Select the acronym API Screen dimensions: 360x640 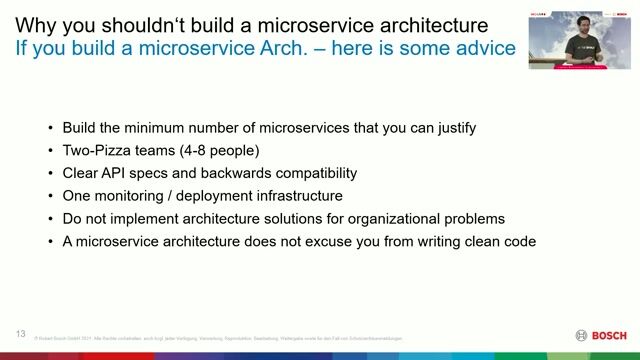pos(118,173)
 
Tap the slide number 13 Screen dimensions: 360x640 pos(20,333)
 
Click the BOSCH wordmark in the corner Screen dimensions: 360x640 pos(610,335)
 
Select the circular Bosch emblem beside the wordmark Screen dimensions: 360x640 pos(582,335)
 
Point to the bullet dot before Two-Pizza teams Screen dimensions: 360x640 pos(51,151)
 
